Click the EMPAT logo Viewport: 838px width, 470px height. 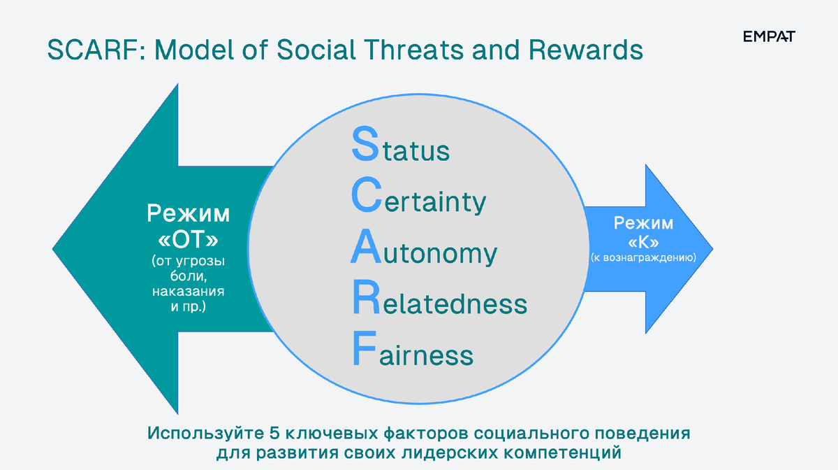[x=769, y=36]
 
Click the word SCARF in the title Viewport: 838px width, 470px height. [x=96, y=50]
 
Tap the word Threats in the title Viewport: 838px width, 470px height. [x=413, y=50]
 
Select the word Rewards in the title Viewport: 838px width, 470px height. [x=586, y=50]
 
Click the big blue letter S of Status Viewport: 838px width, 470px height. [x=365, y=143]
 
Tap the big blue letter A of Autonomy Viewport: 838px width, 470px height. [x=366, y=246]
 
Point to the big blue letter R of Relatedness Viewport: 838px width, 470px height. [x=366, y=297]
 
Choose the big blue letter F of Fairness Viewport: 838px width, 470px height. [x=365, y=348]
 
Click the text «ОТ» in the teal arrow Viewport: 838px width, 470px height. [x=188, y=240]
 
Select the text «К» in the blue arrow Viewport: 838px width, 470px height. [x=643, y=243]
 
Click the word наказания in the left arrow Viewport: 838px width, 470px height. [x=188, y=291]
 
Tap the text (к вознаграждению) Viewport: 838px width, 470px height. [x=643, y=258]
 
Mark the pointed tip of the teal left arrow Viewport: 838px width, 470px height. [x=53, y=248]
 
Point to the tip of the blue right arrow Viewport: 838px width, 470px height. [x=713, y=248]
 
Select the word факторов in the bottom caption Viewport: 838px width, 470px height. [x=426, y=434]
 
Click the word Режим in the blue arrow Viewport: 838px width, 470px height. [x=643, y=223]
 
